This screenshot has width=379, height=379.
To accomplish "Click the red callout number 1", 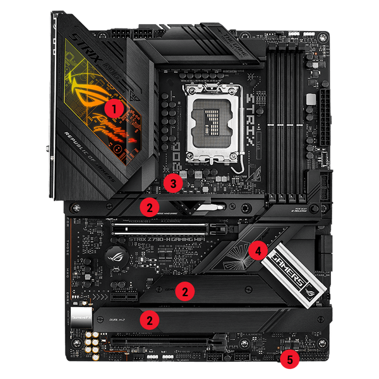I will click(x=114, y=108).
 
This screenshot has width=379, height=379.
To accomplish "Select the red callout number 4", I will click(x=256, y=250).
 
